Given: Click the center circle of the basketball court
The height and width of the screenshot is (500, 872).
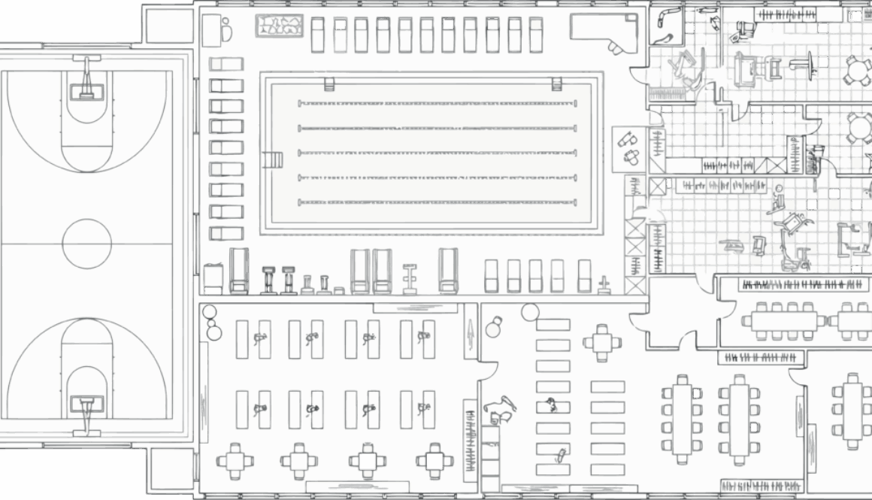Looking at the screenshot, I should [87, 244].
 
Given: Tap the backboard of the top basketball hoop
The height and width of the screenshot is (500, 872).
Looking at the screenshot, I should [87, 92].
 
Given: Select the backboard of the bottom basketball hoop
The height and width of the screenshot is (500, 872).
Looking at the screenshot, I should [87, 405].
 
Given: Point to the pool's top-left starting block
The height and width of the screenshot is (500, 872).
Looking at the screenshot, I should [329, 83].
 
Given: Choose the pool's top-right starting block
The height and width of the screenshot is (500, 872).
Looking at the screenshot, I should [557, 83].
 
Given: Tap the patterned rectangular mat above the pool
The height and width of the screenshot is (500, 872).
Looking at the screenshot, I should [280, 26].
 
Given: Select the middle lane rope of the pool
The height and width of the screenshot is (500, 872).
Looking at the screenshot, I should [437, 153].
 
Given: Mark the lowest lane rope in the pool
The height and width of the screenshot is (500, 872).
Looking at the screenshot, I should [437, 202].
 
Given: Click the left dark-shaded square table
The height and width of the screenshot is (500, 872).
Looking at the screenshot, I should [368, 461].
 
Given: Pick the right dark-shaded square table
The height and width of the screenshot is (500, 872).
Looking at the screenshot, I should [434, 461].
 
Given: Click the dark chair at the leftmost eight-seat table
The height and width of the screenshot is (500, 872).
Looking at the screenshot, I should [697, 393].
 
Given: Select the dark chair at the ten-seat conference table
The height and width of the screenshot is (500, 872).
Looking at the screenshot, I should [808, 335].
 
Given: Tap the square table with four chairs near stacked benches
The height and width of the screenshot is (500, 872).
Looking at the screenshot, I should [602, 343].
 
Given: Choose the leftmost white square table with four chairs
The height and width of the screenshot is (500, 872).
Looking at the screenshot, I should [235, 461].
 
